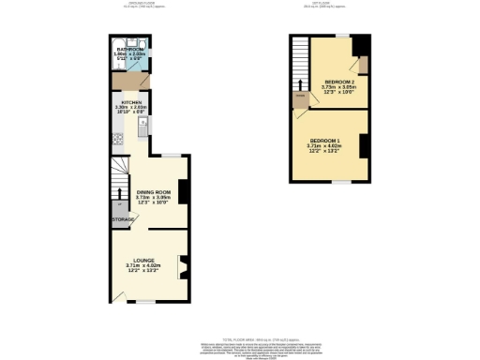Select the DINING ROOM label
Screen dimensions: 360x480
(150, 191)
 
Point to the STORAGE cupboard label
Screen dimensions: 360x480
(124, 219)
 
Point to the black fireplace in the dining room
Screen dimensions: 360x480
(184, 190)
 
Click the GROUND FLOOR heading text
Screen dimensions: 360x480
(142, 5)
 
